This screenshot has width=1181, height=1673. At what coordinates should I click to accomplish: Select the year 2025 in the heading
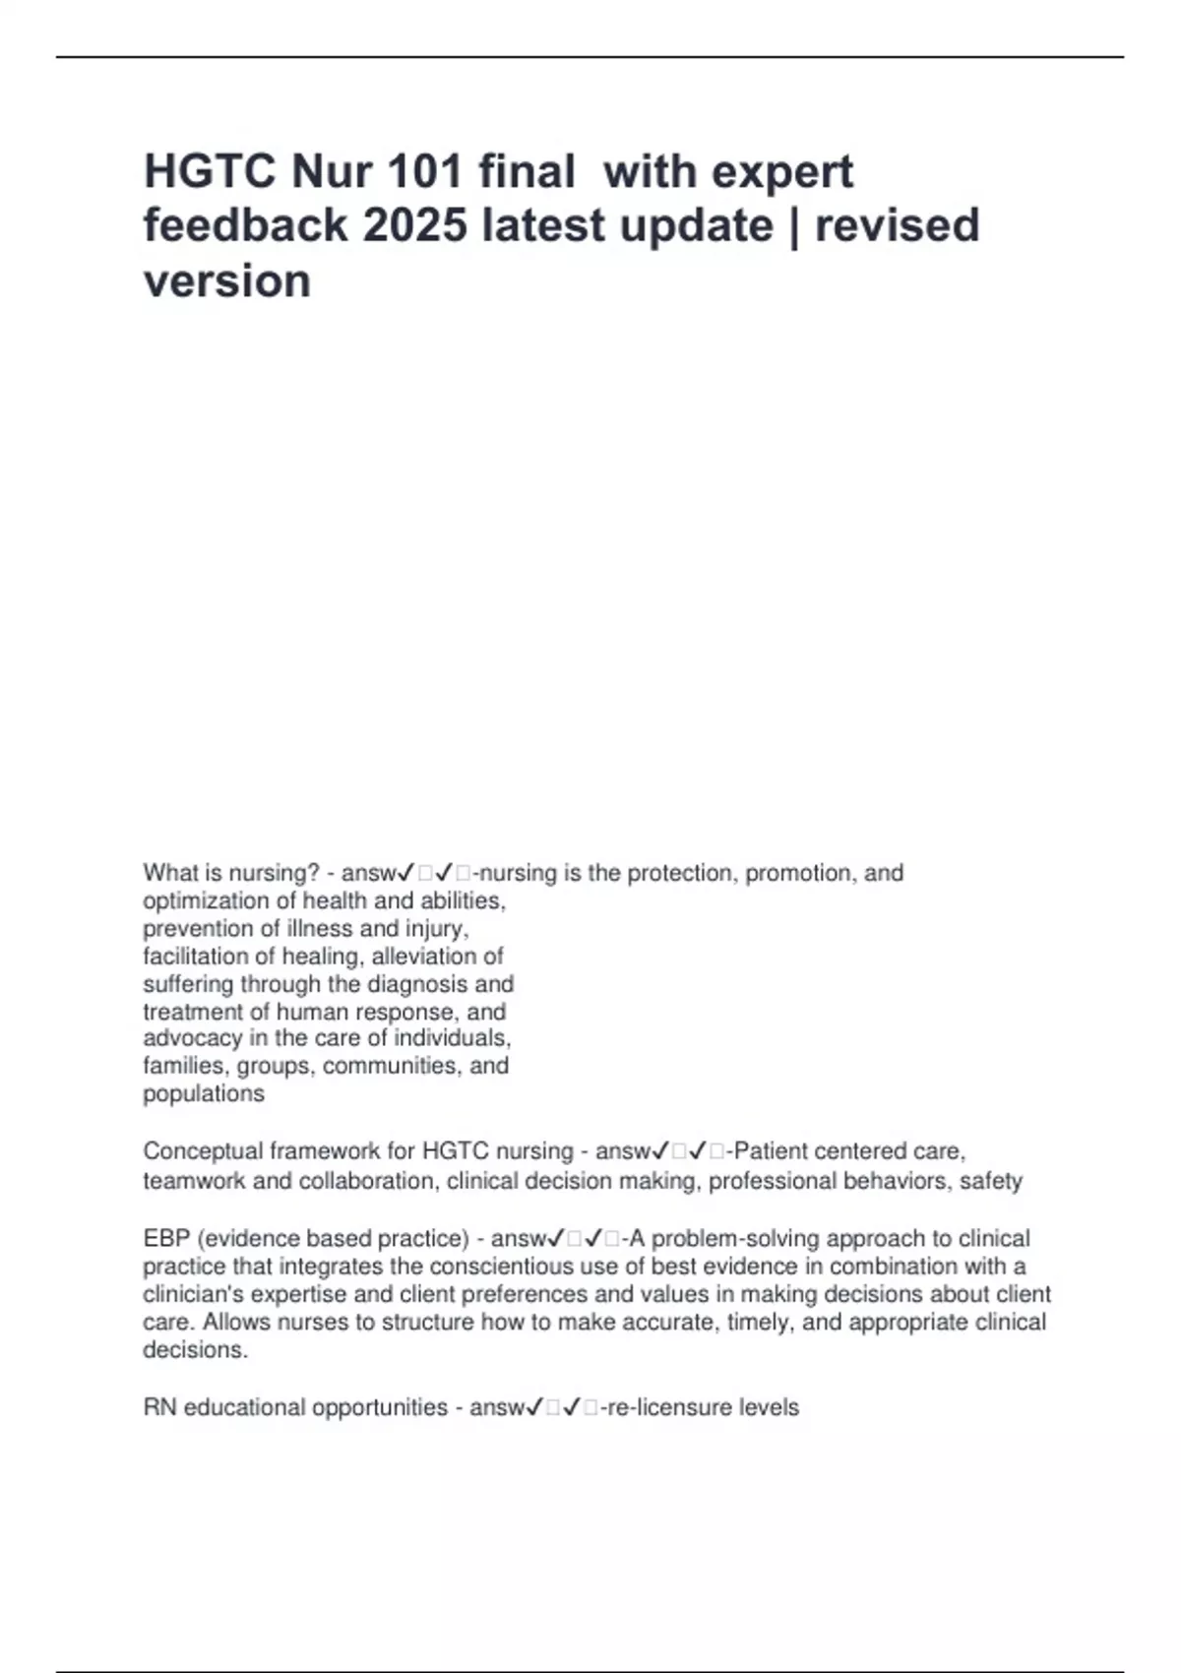[x=414, y=225]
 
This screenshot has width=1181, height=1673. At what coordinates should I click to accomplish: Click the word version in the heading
[x=227, y=280]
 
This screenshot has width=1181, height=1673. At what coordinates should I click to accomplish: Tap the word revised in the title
[x=897, y=225]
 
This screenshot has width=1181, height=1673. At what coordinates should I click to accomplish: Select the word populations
[x=204, y=1093]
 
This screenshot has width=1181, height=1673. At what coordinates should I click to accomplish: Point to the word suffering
[x=189, y=984]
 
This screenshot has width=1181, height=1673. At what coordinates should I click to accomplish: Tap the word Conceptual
[x=202, y=1151]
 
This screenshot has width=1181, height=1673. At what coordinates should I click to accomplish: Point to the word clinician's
[x=192, y=1294]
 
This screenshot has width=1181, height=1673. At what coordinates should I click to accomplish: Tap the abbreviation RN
[x=159, y=1408]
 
